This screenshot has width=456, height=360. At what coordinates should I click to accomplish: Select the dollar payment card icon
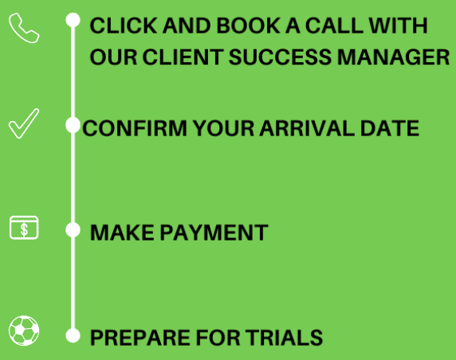pyautogui.click(x=24, y=228)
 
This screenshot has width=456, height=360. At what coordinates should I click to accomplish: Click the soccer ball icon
pyautogui.click(x=24, y=331)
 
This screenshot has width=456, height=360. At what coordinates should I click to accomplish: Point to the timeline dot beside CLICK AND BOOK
pyautogui.click(x=73, y=20)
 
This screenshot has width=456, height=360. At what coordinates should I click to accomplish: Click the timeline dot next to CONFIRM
pyautogui.click(x=73, y=125)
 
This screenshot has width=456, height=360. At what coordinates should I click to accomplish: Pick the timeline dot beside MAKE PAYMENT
pyautogui.click(x=73, y=230)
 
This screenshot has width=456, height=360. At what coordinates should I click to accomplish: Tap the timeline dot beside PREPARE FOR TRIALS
pyautogui.click(x=73, y=335)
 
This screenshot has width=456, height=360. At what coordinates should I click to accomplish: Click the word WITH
pyautogui.click(x=398, y=25)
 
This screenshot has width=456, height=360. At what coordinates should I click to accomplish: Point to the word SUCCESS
pyautogui.click(x=280, y=57)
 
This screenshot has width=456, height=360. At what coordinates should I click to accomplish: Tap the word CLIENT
pyautogui.click(x=183, y=57)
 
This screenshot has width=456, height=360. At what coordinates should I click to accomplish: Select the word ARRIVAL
pyautogui.click(x=307, y=128)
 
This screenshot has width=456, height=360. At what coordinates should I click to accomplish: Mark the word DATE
pyautogui.click(x=390, y=128)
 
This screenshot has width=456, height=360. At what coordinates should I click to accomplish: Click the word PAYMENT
pyautogui.click(x=214, y=233)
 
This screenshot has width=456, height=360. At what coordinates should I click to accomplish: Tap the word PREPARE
pyautogui.click(x=140, y=338)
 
